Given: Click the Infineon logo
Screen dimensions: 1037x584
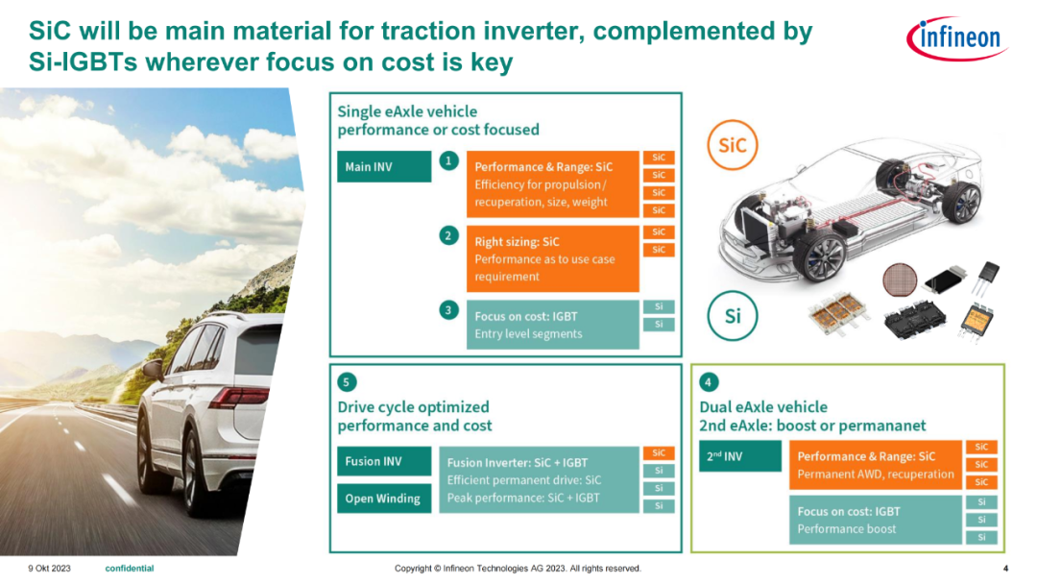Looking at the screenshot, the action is point(957,38).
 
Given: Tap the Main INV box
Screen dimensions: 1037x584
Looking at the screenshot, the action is point(384,167).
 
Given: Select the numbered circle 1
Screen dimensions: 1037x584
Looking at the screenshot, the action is point(449,160).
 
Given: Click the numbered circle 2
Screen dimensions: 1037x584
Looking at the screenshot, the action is point(449,235).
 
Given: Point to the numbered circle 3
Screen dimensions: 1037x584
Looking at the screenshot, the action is point(449,310).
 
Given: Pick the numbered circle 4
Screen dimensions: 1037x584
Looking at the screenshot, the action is point(709,382).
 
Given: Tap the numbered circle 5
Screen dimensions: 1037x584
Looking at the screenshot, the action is point(347,382).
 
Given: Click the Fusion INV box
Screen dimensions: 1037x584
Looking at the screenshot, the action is point(384,462).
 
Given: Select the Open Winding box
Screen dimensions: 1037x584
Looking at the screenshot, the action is point(384,499).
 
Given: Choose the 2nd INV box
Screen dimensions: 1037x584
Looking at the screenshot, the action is point(740,456).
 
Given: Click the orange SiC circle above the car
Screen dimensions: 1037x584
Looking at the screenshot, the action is point(732,145).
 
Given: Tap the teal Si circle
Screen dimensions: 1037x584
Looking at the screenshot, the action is point(733,316).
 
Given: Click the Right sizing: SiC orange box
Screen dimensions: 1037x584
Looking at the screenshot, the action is point(553,258).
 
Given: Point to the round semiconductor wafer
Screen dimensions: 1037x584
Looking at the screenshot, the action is point(900,280).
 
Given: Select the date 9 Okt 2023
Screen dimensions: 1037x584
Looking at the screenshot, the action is point(49,568).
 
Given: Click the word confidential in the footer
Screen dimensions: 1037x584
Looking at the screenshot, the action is point(130,568).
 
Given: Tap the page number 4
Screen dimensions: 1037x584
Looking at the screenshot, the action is point(1006,568).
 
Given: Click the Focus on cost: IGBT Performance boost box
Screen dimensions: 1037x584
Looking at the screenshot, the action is point(875,520).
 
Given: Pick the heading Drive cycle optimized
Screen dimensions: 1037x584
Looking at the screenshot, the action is point(413,406).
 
